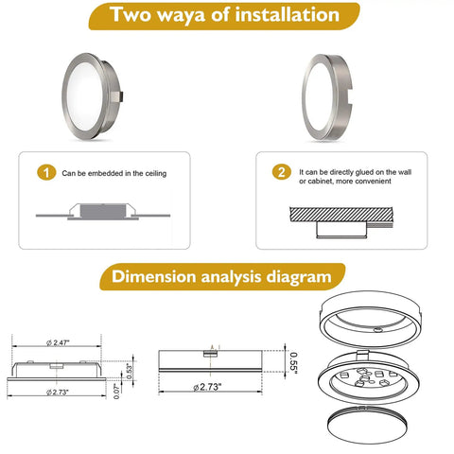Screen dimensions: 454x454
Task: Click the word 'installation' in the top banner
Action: point(287,15)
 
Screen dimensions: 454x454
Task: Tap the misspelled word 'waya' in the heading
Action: point(181,16)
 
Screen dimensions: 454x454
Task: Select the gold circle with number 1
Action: point(46,172)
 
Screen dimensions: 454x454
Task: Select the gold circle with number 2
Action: point(282,172)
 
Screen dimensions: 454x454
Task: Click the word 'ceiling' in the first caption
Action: point(156,173)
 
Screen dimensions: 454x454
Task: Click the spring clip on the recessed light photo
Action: point(117,97)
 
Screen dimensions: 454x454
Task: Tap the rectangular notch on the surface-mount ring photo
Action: point(348,96)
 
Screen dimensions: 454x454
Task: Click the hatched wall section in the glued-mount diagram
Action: point(341,215)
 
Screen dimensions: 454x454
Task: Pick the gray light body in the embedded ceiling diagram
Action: point(103,211)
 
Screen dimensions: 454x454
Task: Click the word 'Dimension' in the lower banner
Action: point(154,277)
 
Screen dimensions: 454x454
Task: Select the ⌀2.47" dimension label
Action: point(58,342)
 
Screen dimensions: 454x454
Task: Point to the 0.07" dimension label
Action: point(116,391)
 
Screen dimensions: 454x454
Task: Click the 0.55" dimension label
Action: point(293,363)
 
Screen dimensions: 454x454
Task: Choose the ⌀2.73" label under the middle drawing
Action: point(207,387)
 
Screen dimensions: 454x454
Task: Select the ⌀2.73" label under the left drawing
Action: point(58,393)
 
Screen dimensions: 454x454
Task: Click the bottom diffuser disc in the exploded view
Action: point(367,425)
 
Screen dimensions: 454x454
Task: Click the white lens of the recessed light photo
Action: point(84,96)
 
